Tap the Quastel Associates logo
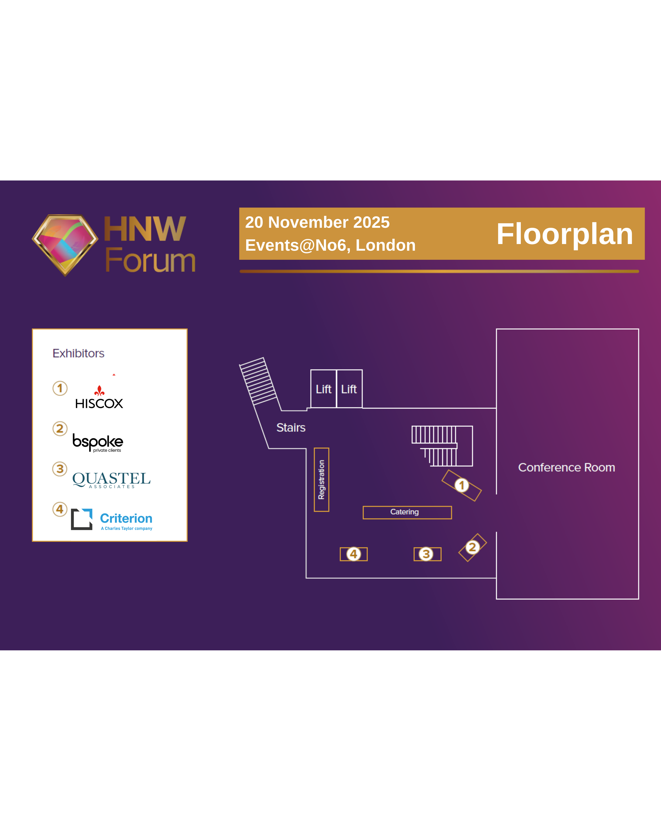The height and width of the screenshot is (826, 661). tap(112, 479)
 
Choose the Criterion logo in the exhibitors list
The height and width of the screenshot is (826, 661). tap(112, 519)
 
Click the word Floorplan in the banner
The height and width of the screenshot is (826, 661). tap(564, 234)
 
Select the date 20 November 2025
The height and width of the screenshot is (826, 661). tap(317, 222)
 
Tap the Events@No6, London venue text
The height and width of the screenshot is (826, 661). tap(330, 245)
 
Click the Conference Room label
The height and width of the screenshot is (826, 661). tap(566, 467)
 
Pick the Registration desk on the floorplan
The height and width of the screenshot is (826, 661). tap(321, 480)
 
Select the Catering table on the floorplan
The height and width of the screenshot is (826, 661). tap(407, 512)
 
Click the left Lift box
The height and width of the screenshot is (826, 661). tap(323, 389)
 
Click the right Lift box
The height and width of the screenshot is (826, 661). tap(349, 389)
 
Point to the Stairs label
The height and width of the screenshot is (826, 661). tap(291, 428)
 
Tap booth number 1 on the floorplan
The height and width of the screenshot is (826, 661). tap(462, 485)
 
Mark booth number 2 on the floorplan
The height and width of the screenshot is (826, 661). tap(472, 547)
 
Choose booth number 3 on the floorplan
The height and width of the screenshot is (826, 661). tap(426, 554)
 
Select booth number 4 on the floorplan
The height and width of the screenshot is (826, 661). tap(354, 554)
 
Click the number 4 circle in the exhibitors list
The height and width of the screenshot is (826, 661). tap(60, 509)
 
